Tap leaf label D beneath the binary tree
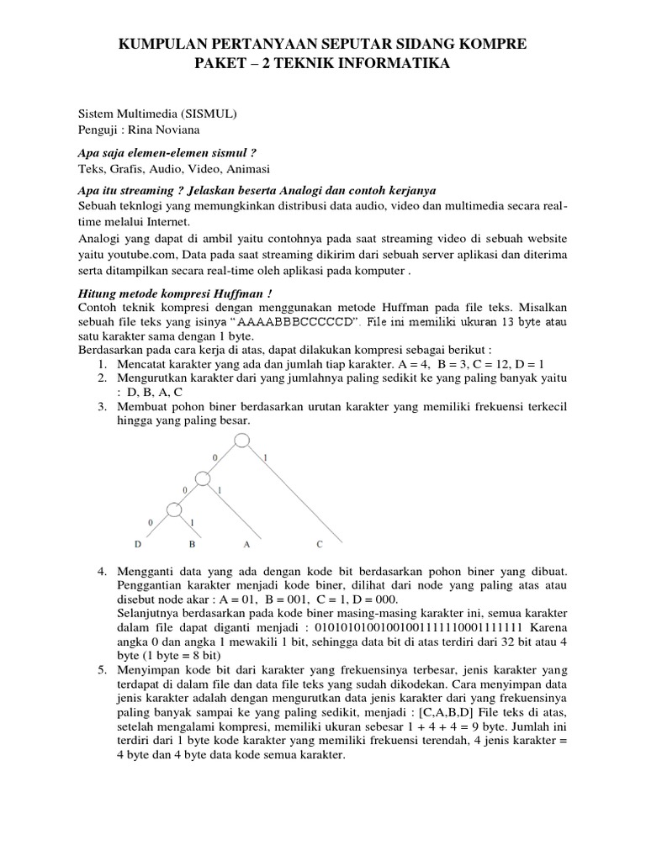pyautogui.click(x=140, y=544)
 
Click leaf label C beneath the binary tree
pyautogui.click(x=319, y=544)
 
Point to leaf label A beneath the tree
pyautogui.click(x=246, y=544)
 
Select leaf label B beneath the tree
pyautogui.click(x=192, y=544)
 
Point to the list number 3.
pyautogui.click(x=102, y=407)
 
